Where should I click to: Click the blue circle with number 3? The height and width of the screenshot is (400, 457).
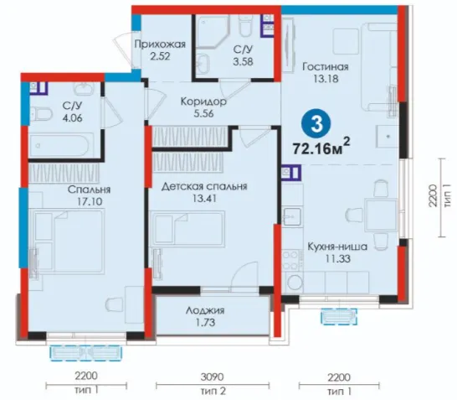pyautogui.click(x=316, y=124)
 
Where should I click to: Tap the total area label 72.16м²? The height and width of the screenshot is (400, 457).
pyautogui.click(x=321, y=147)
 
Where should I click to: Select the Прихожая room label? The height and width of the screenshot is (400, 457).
pyautogui.click(x=160, y=44)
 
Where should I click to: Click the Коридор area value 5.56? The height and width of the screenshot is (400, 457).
pyautogui.click(x=203, y=113)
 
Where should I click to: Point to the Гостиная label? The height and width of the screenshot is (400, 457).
pyautogui.click(x=326, y=66)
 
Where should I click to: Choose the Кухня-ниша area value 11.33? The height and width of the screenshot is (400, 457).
pyautogui.click(x=338, y=258)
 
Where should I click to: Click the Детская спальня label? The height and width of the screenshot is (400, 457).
pyautogui.click(x=204, y=186)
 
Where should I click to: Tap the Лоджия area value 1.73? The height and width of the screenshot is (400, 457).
pyautogui.click(x=205, y=322)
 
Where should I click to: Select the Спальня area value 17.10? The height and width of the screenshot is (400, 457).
pyautogui.click(x=90, y=201)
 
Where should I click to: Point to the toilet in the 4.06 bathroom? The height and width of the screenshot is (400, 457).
pyautogui.click(x=41, y=113)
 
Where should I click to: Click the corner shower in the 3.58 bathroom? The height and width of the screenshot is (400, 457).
pyautogui.click(x=213, y=32)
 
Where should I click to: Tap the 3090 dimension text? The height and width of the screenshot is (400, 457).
pyautogui.click(x=213, y=377)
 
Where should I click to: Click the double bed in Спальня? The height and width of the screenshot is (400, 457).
pyautogui.click(x=68, y=242)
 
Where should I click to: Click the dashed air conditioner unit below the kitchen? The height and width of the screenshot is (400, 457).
pyautogui.click(x=339, y=316)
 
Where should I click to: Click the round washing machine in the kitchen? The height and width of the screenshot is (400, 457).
pyautogui.click(x=293, y=282)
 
